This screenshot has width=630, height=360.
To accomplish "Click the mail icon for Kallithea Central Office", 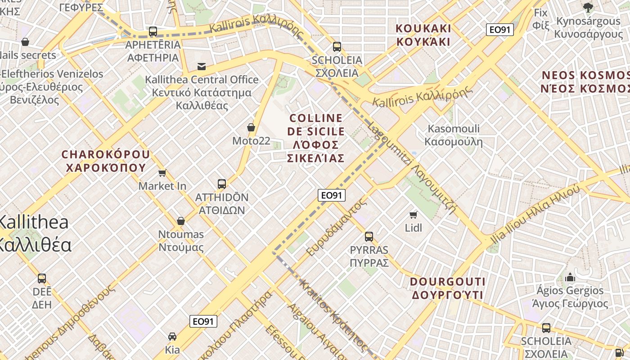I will point(201,67).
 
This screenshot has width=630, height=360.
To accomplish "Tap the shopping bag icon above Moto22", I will point(251,128).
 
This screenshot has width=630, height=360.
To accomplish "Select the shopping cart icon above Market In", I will point(162,173).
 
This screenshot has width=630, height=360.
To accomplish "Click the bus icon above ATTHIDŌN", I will point(222,184).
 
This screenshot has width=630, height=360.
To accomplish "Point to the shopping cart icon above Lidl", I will point(414,215).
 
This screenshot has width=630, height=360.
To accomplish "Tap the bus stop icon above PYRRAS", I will point(369,236).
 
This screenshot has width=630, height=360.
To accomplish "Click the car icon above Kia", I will point(172,336).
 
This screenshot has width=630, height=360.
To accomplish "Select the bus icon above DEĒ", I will point(42,278).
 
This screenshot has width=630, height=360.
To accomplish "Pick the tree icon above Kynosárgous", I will point(588,7).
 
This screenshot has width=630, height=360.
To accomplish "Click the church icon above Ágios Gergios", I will point(571,277).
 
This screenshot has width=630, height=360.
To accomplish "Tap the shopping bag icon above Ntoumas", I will point(181,221).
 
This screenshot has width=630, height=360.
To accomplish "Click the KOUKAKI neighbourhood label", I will point(423,35).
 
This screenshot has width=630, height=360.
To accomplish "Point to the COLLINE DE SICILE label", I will point(316,138).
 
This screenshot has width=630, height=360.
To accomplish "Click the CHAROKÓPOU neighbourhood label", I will point(106,161).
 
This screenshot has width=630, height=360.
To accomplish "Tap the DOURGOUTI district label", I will point(448,288).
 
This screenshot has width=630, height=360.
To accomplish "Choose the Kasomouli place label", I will point(454,135).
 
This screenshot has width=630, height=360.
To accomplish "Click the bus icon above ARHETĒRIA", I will point(153,31).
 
